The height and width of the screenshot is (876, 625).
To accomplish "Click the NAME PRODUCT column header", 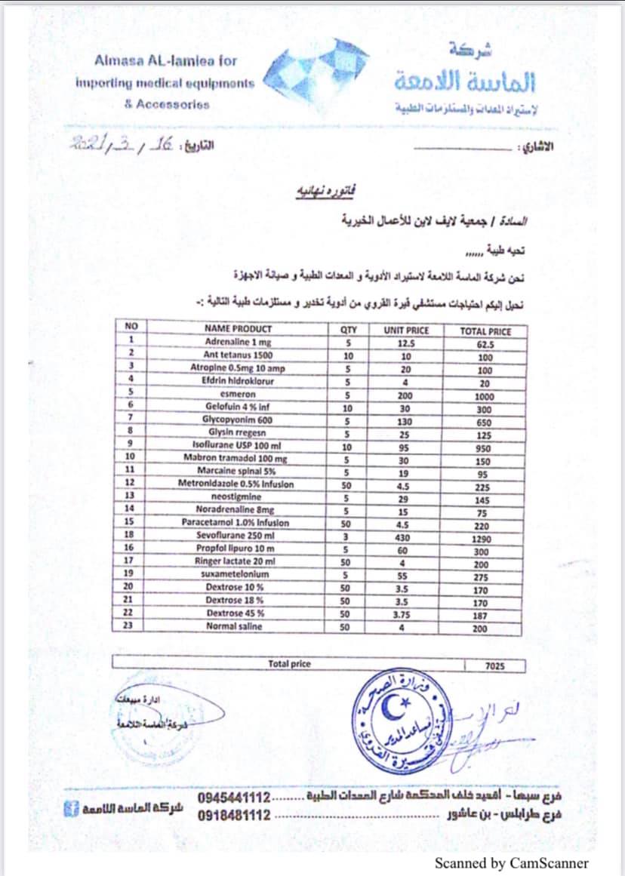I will click(238, 330).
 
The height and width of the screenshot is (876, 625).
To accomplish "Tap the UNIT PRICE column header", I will click(406, 330).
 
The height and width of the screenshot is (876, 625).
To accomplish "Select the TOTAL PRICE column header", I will click(485, 331).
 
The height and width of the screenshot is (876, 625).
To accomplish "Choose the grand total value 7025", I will click(495, 666).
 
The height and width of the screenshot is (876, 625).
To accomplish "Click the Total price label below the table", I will click(289, 664).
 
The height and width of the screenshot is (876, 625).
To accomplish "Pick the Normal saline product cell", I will click(233, 626).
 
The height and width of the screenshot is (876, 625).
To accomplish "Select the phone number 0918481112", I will click(234, 815).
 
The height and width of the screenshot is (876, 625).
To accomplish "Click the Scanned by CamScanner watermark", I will click(511, 863).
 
